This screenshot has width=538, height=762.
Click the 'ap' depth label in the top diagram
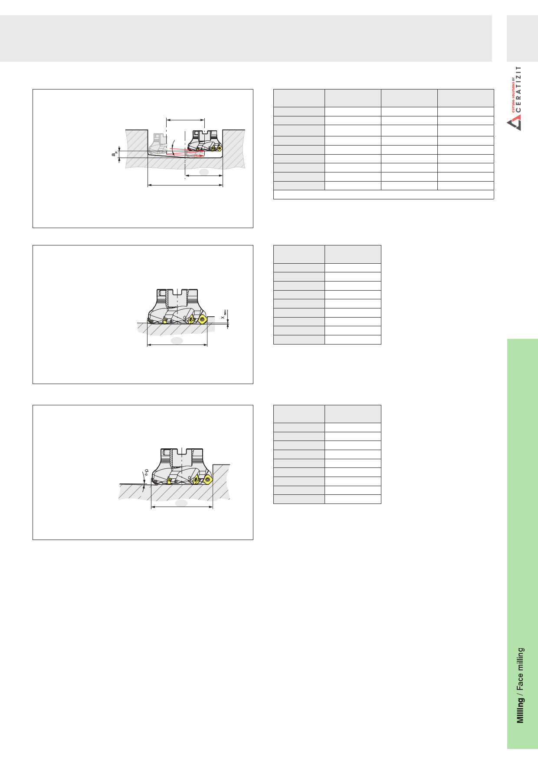point(115,154)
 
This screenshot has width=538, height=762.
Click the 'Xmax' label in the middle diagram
point(224,315)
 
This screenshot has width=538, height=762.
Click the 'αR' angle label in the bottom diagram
point(147,472)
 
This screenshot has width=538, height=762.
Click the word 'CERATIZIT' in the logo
point(518,89)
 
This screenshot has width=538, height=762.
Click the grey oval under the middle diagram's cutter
point(177,341)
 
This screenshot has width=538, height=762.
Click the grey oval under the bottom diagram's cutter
point(181,503)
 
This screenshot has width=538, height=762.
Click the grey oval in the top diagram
point(203,172)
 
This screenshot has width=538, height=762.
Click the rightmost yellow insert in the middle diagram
point(202,320)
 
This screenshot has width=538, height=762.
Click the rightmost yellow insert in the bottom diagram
point(207,480)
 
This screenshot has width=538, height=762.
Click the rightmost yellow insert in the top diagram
point(220,148)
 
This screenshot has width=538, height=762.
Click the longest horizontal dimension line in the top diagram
point(185,185)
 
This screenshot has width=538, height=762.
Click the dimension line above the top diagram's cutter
point(185,120)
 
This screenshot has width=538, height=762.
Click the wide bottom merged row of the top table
point(384,195)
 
